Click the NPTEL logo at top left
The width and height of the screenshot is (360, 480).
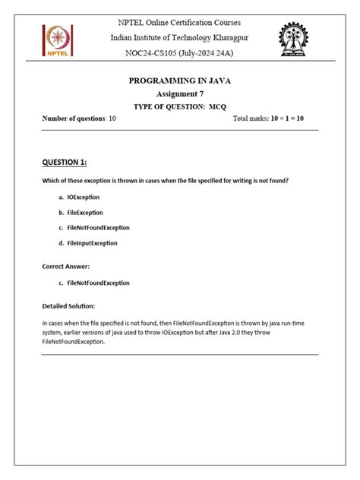pyautogui.click(x=58, y=41)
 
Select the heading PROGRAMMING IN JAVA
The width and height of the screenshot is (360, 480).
pyautogui.click(x=180, y=80)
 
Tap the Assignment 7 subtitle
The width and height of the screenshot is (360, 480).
pyautogui.click(x=180, y=93)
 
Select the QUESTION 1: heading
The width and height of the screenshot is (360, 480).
pyautogui.click(x=65, y=163)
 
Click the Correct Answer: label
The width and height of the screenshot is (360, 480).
pyautogui.click(x=66, y=267)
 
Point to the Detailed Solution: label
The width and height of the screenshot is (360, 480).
pyautogui.click(x=68, y=306)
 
